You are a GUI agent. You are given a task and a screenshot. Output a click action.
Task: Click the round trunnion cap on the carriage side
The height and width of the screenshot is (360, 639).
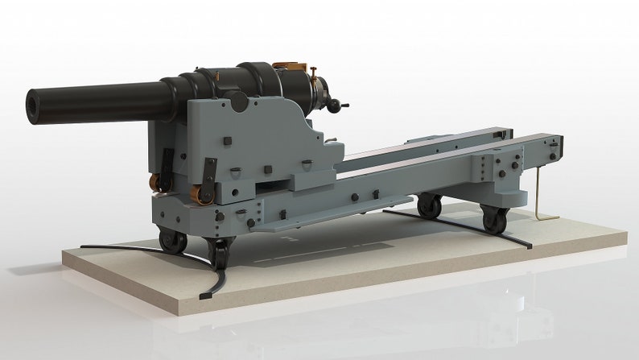tap(236, 101)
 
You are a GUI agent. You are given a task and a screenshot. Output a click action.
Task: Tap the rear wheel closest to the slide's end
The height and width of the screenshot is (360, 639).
tap(493, 217)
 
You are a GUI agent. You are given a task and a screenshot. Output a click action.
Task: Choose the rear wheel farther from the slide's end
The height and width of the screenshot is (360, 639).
tap(429, 207)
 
